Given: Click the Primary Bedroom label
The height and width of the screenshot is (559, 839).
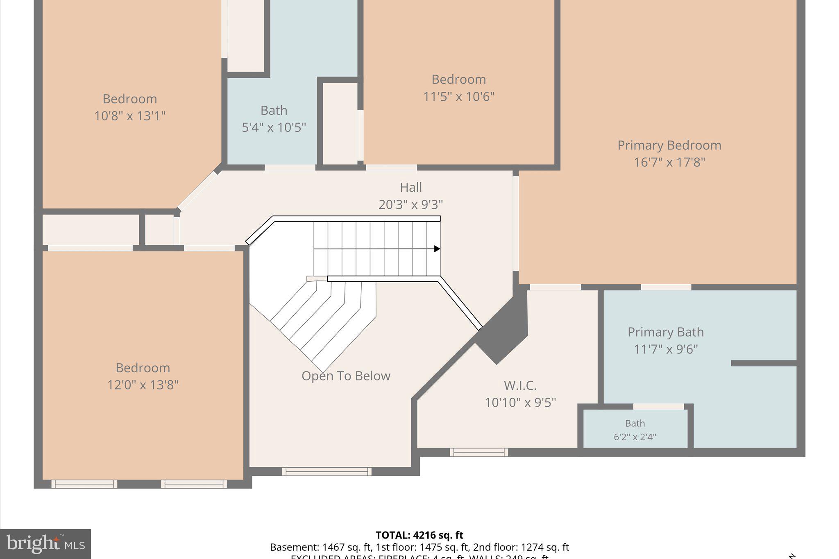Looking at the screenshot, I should pyautogui.click(x=669, y=145).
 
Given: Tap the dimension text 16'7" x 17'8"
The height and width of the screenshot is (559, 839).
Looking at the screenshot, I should pyautogui.click(x=669, y=163).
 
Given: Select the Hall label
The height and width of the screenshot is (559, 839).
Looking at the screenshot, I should pyautogui.click(x=410, y=188).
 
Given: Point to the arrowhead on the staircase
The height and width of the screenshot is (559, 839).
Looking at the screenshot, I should pyautogui.click(x=437, y=249).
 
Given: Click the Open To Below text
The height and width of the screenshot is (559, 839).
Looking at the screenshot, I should pyautogui.click(x=346, y=376).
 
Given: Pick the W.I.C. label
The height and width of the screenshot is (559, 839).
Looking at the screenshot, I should pyautogui.click(x=520, y=385).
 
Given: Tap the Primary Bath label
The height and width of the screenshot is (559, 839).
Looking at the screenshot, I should pyautogui.click(x=665, y=332).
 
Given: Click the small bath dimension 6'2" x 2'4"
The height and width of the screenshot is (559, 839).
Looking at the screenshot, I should pyautogui.click(x=635, y=437).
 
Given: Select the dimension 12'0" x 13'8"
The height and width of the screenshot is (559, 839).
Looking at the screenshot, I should pyautogui.click(x=143, y=385).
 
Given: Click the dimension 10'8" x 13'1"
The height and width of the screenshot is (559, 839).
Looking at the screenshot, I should pyautogui.click(x=129, y=116).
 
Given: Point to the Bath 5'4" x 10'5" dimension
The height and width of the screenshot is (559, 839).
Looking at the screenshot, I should pyautogui.click(x=274, y=127).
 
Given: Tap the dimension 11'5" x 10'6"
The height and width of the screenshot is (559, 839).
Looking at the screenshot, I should pyautogui.click(x=458, y=97).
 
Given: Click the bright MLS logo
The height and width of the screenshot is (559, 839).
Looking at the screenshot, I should pyautogui.click(x=45, y=544).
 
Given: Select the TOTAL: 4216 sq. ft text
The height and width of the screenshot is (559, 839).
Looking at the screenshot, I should pyautogui.click(x=419, y=535).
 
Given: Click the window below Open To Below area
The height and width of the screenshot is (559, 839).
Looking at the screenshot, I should pyautogui.click(x=327, y=471).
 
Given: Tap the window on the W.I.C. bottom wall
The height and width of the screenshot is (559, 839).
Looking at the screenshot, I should pyautogui.click(x=478, y=452).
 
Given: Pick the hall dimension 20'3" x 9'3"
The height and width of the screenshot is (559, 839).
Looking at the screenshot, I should pyautogui.click(x=410, y=204).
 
